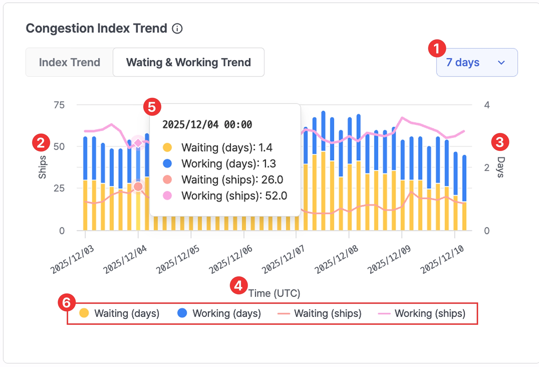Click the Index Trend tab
[x=70, y=62]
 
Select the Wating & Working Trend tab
[x=189, y=62]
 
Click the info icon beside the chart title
[x=177, y=29]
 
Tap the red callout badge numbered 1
[x=437, y=48]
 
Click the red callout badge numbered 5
[x=152, y=107]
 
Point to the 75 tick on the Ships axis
[x=59, y=105]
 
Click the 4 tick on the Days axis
[x=487, y=105]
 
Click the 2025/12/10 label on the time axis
[x=442, y=260]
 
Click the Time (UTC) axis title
[x=274, y=293]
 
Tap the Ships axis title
[x=42, y=167]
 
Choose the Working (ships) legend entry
[x=422, y=313]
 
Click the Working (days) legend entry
[x=219, y=313]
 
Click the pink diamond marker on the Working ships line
[x=138, y=143]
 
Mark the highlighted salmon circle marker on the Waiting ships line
[x=138, y=186]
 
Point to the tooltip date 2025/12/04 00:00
[x=207, y=124]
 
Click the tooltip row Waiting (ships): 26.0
[x=223, y=180]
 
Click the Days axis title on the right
[x=501, y=167]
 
